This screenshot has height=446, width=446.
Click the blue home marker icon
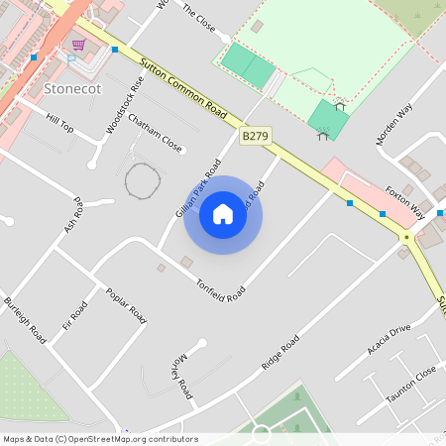click(x=223, y=214)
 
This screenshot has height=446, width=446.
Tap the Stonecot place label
click(x=72, y=90)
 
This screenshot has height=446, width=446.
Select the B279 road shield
click(x=256, y=136)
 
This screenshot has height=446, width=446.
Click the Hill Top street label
click(x=59, y=122)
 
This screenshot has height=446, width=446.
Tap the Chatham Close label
click(x=156, y=137)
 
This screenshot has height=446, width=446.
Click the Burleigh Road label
click(x=25, y=320)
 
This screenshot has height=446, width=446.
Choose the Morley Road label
click(x=182, y=377)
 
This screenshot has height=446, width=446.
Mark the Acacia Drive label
click(x=388, y=343)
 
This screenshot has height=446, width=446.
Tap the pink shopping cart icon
click(x=78, y=45)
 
